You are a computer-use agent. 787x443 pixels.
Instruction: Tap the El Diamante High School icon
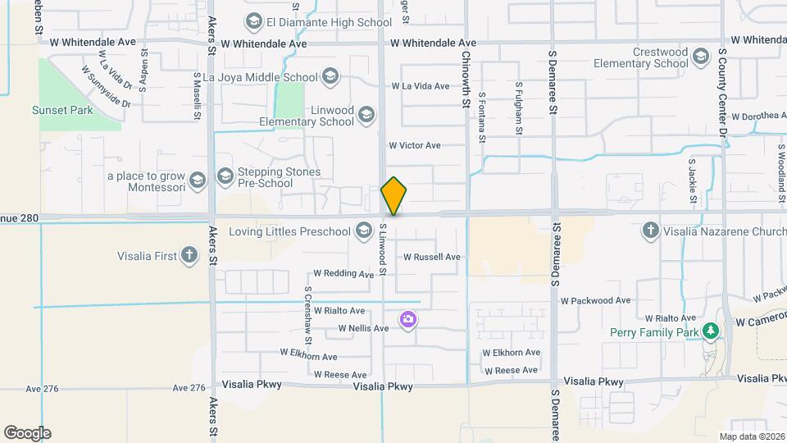click(253, 22)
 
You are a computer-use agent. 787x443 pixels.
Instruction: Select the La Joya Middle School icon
click(330, 78)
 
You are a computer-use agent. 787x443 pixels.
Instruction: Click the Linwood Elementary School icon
click(366, 116)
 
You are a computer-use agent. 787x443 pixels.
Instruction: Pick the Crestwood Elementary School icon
click(700, 57)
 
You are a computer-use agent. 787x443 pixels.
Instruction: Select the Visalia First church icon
click(189, 256)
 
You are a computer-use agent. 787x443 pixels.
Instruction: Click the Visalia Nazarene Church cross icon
click(651, 231)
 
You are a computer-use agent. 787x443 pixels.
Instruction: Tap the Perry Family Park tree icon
click(711, 332)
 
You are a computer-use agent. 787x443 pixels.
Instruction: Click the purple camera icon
click(407, 319)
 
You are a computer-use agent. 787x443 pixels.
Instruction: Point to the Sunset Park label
click(62, 110)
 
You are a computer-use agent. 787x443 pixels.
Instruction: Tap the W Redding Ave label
click(343, 273)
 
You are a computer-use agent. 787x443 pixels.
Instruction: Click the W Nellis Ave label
click(363, 328)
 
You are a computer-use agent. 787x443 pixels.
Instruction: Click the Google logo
click(27, 433)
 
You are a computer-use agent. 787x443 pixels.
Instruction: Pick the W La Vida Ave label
click(421, 85)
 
